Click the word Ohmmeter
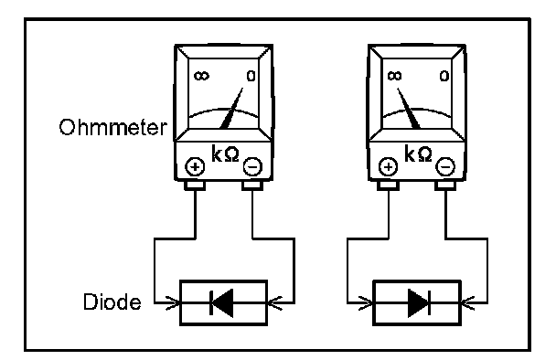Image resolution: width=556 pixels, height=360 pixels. click(112, 127)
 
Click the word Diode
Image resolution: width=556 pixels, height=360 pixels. click(112, 302)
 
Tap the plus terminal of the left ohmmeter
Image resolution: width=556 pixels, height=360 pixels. click(195, 166)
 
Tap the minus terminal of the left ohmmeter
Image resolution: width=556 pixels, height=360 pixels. click(252, 166)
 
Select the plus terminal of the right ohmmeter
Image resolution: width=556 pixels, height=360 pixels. click(389, 166)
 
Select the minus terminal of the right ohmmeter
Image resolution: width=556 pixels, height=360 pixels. click(445, 166)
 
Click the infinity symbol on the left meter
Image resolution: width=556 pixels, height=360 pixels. click(201, 76)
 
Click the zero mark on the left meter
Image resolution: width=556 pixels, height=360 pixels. click(251, 76)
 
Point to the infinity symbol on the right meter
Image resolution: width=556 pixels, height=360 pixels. click(395, 76)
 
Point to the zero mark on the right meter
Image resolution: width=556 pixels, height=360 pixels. click(444, 76)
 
